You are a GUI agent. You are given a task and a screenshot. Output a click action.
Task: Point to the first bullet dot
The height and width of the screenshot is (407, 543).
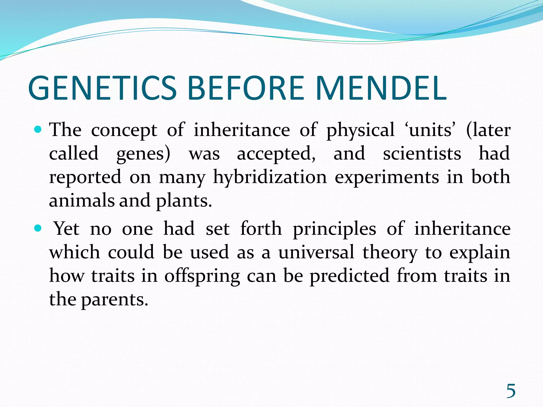[x=38, y=130]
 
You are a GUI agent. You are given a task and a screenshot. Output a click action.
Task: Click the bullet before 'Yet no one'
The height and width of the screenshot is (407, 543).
[x=38, y=228]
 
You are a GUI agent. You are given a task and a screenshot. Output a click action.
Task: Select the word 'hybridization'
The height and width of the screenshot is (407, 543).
[x=270, y=177]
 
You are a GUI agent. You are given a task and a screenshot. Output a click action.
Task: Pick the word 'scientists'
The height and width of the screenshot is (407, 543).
[x=422, y=154]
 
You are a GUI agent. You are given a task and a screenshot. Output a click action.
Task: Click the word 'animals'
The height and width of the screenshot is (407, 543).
[x=82, y=201]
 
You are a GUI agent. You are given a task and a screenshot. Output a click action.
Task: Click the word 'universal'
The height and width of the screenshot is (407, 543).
[x=316, y=252]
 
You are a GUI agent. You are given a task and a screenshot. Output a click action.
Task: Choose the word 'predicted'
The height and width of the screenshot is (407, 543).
[x=350, y=276]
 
